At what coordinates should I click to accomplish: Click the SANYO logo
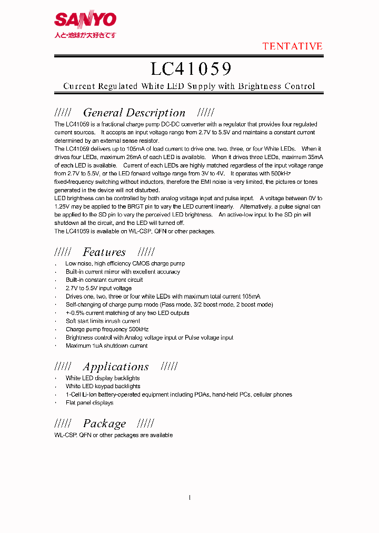85,20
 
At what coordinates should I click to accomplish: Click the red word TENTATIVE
293,46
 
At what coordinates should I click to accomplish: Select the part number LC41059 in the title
191,69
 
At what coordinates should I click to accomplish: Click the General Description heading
134,113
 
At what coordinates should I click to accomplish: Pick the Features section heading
104,252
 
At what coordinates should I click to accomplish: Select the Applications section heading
116,367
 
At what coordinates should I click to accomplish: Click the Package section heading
104,424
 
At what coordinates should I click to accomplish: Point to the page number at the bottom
189,498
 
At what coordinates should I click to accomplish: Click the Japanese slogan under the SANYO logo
85,35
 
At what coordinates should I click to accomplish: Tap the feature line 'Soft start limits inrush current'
103,321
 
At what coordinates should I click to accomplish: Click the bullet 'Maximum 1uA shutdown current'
106,346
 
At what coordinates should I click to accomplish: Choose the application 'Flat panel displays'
89,403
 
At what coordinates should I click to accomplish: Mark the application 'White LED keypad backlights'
103,387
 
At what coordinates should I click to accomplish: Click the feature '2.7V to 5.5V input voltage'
98,289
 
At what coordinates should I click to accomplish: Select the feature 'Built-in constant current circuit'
104,280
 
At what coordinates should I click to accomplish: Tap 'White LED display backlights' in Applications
103,378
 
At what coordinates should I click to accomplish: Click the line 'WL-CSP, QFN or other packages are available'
114,435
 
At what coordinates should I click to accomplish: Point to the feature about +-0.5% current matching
127,313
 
